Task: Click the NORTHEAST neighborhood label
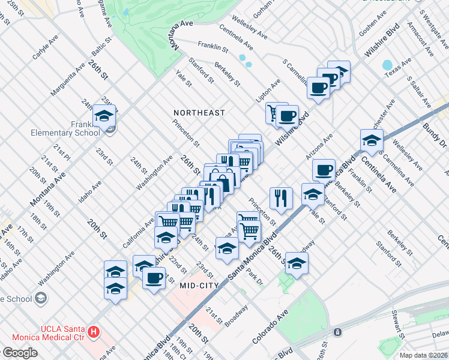[x=199, y=113]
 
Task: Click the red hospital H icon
[x=93, y=331]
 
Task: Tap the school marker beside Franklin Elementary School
[x=105, y=116]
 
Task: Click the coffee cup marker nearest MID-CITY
[x=154, y=278]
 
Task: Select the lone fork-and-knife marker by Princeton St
[x=281, y=197]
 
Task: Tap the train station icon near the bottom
[x=338, y=331]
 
